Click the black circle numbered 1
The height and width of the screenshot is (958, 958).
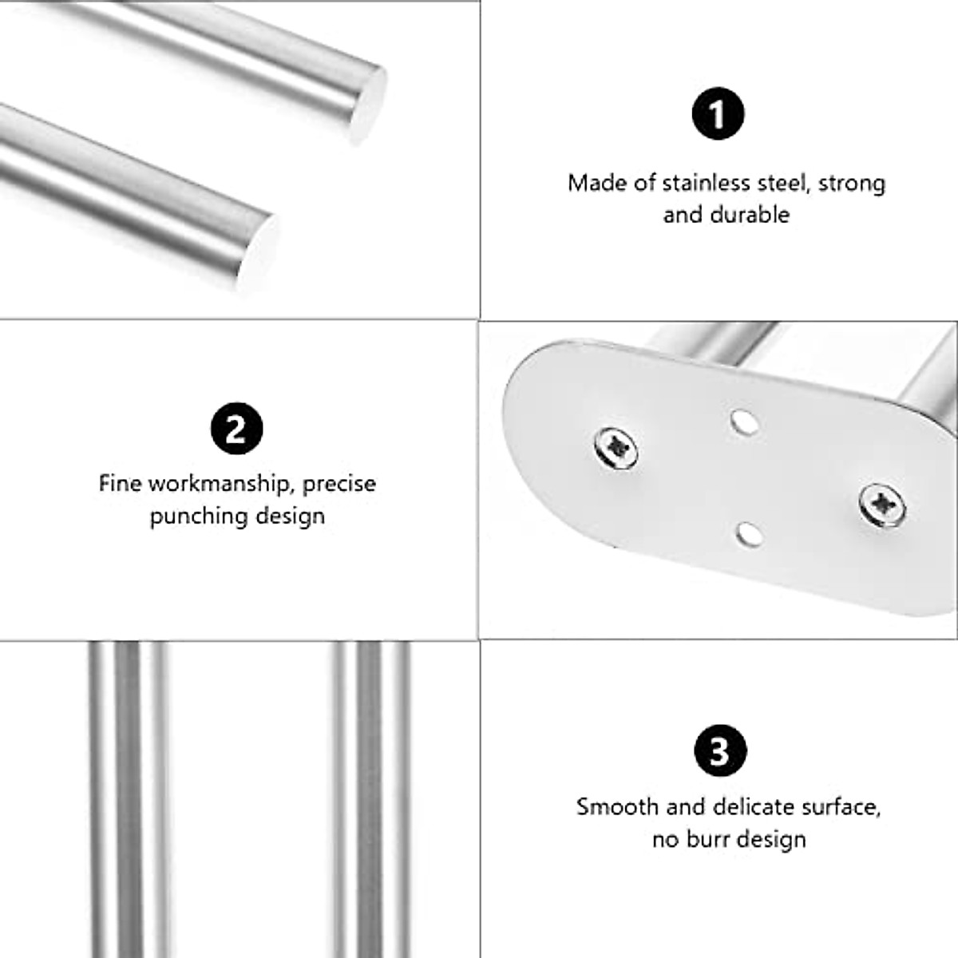[x=718, y=114]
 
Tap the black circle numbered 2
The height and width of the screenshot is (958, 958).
[x=236, y=430]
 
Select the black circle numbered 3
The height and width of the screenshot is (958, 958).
[x=719, y=750]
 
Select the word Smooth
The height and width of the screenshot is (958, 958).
[x=618, y=807]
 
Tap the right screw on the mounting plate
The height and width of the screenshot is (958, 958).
[x=882, y=503]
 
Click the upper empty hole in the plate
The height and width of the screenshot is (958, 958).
[x=744, y=422]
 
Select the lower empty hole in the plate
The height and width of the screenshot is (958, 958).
[x=749, y=533]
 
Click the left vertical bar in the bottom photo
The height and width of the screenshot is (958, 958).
[x=128, y=798]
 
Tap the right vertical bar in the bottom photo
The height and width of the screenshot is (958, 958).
[x=371, y=798]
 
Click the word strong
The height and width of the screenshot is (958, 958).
[x=852, y=184]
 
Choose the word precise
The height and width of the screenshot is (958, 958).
[x=339, y=484]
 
